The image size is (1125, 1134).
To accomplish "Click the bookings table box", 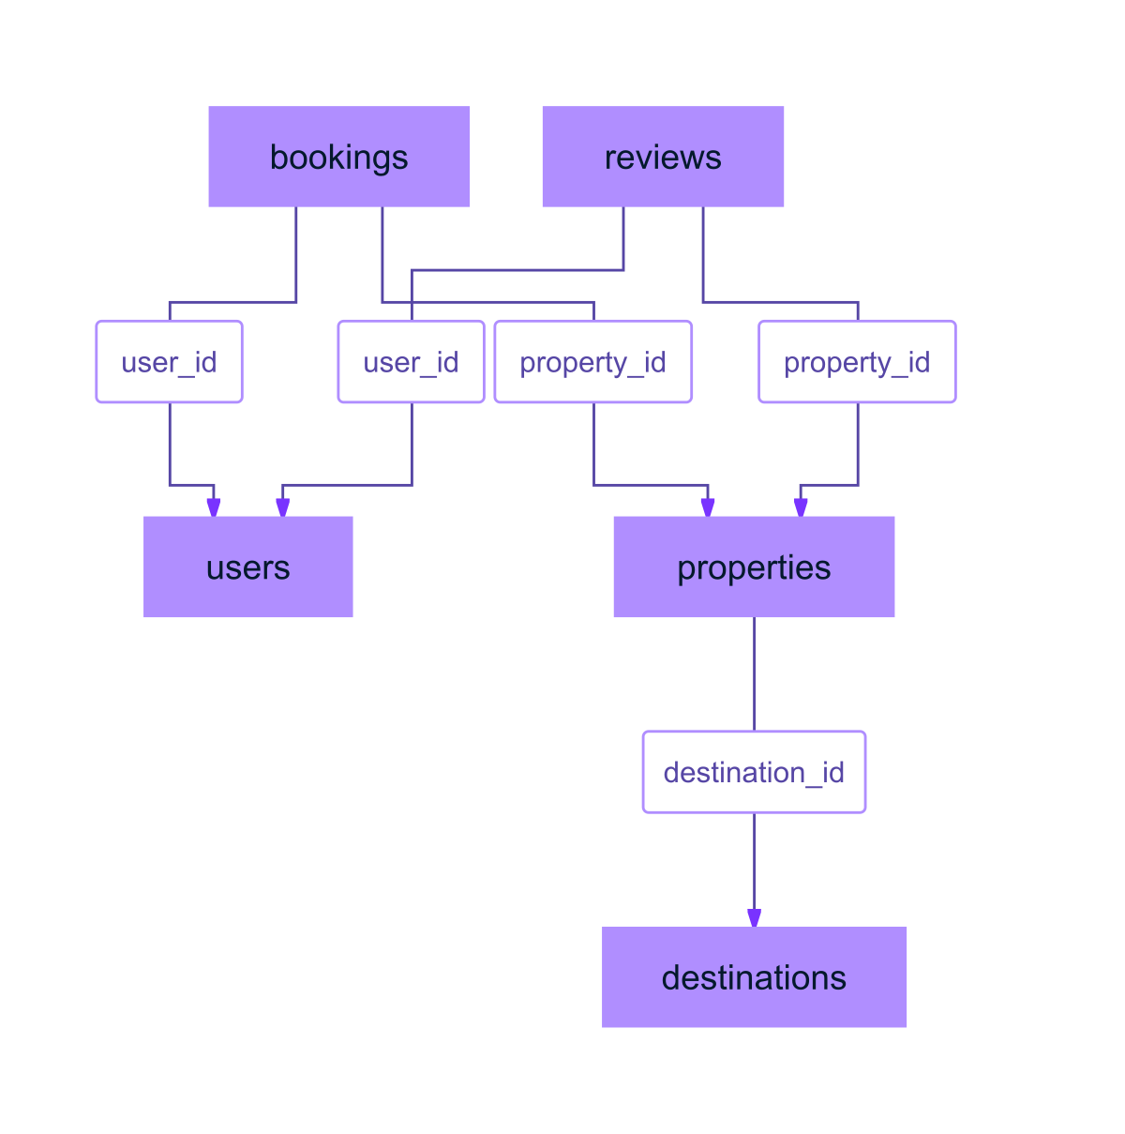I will pos(338,157).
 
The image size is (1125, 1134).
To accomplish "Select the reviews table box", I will pos(663,157).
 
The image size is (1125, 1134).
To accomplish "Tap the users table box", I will pos(247,567).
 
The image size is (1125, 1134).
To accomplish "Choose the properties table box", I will pos(754,567).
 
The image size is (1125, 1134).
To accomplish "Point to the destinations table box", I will pos(754,976).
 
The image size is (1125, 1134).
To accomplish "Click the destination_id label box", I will pos(754,772).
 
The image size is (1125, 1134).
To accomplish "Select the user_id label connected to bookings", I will pos(169,362).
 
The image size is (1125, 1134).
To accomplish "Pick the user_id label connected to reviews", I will pos(411,362).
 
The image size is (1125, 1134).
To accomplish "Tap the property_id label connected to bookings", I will pos(592,362).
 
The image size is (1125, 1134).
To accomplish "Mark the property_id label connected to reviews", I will pos(857,362).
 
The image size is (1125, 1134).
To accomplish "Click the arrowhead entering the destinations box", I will pos(754,917).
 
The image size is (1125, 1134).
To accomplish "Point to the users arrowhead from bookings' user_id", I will pos(214,507).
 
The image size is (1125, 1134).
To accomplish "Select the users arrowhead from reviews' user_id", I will pos(282,507).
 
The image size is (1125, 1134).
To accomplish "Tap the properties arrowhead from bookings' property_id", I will pos(708,507).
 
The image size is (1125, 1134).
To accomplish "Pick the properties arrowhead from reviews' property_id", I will pos(801,507).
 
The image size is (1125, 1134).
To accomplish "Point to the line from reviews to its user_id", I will pos(516,270).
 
